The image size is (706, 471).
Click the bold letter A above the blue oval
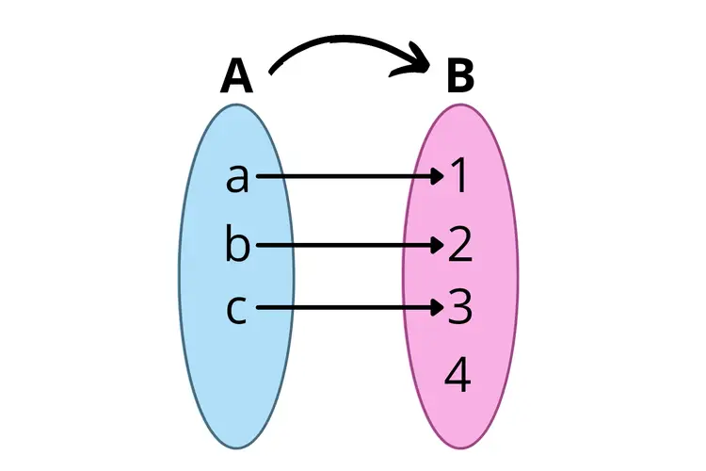click(x=237, y=77)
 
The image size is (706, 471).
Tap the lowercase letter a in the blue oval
click(x=238, y=177)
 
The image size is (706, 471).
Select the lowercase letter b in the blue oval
click(x=238, y=245)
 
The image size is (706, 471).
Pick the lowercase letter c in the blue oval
click(x=238, y=309)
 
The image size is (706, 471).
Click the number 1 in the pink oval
click(x=459, y=177)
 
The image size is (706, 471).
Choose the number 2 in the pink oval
click(x=459, y=245)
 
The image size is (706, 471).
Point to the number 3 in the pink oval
click(x=459, y=309)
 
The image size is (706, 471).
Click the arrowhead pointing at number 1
click(x=437, y=176)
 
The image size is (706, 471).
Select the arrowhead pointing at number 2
click(x=437, y=245)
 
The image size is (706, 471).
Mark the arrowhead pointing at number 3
click(x=437, y=308)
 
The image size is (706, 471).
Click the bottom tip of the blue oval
click(x=237, y=447)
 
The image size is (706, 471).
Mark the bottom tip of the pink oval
click(x=459, y=447)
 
